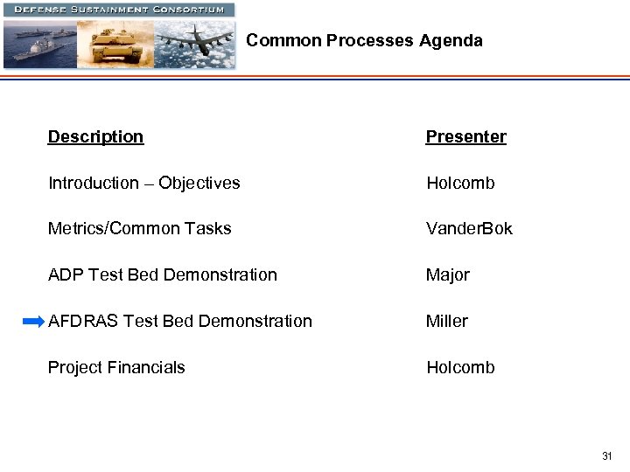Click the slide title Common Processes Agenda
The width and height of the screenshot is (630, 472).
coord(364,40)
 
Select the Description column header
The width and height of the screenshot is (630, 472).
coord(95,136)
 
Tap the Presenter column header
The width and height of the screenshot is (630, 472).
coord(465,136)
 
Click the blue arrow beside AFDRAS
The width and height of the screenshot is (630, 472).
coord(33,322)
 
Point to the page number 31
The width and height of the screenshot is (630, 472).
coord(607,456)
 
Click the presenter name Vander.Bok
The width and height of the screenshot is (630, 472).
coord(469,229)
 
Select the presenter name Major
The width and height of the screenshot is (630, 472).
coord(448,275)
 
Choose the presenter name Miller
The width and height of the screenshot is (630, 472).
coord(447,322)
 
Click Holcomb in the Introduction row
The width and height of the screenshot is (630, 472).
coord(460,183)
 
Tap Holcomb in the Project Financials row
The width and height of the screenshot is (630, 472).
coord(460,368)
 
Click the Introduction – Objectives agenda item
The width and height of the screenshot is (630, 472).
coord(143,183)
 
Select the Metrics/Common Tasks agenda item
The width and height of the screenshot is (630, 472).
coord(139,229)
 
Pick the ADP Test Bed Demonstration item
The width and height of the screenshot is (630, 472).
coord(162,275)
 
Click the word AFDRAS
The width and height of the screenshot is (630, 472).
coord(83,322)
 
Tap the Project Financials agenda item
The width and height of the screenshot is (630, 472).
coord(116,368)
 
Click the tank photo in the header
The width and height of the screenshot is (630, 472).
coord(115,44)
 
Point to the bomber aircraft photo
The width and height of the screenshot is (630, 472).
coord(194,44)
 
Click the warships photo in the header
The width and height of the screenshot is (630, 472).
coord(40,44)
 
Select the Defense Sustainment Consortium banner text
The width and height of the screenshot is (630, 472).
coord(119,10)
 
